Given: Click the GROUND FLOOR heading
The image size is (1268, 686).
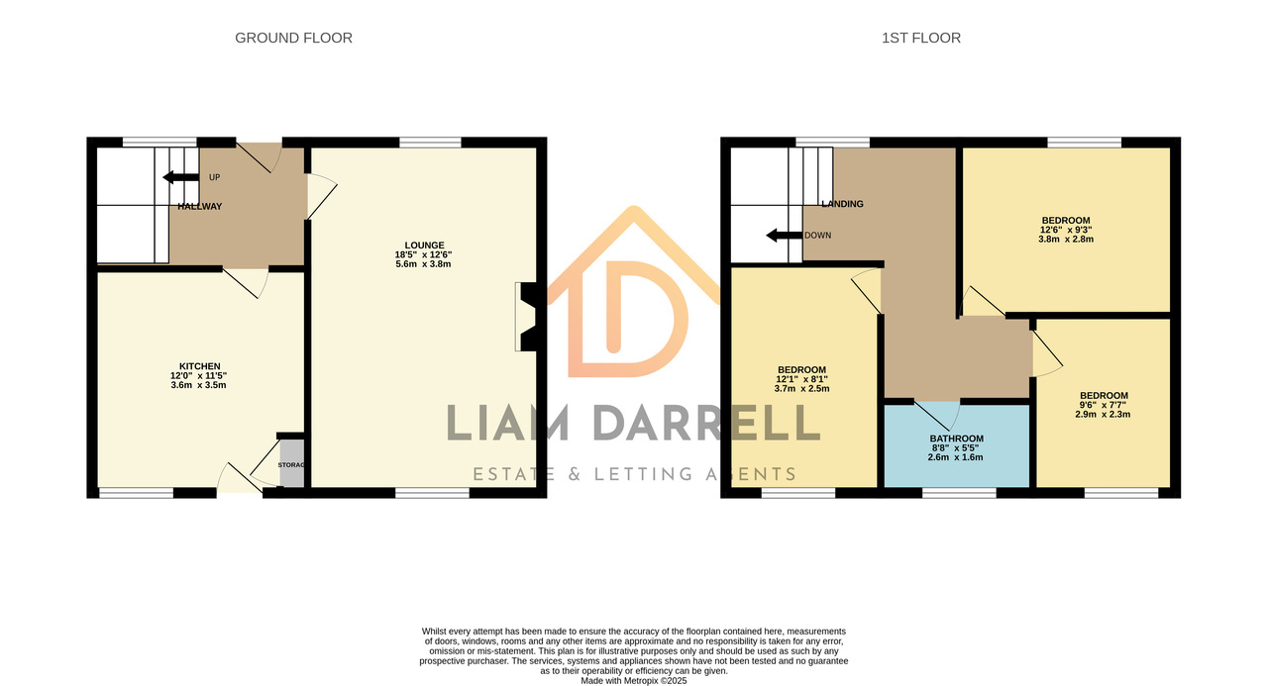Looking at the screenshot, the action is tap(293, 38).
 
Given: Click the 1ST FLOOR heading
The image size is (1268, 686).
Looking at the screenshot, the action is tap(921, 38).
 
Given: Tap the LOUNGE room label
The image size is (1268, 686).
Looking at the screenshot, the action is tap(424, 245).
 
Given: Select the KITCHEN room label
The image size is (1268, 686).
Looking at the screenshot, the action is tap(199, 366).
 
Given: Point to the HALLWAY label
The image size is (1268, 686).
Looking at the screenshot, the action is tap(200, 207).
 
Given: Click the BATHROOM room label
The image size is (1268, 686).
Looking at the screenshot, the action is tap(956, 439).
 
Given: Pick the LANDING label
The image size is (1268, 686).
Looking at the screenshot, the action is tap(842, 204).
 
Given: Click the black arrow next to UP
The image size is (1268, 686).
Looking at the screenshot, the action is tap(180, 177).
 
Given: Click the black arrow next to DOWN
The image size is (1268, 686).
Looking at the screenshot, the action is tap(784, 236).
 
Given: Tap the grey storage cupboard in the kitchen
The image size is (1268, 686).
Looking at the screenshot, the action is tap(292, 462).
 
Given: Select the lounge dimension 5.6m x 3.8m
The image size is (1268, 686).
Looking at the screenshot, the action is tap(423, 264).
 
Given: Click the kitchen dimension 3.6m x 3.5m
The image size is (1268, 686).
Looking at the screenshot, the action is tap(199, 385).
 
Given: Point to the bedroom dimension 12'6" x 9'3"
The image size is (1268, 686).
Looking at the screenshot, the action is tap(1066, 231).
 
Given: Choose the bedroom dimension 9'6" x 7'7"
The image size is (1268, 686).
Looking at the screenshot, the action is tap(1103, 405).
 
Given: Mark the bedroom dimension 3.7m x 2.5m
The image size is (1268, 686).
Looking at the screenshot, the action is tap(801, 388).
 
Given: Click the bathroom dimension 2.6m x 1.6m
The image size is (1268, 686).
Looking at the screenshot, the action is tap(956, 457).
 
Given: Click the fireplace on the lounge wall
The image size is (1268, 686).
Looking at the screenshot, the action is tap(530, 317).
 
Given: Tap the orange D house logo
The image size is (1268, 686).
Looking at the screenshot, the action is tap(633, 292).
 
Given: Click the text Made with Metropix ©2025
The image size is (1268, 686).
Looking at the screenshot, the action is tap(633, 681).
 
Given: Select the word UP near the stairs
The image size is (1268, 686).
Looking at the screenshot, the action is tap(215, 177).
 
